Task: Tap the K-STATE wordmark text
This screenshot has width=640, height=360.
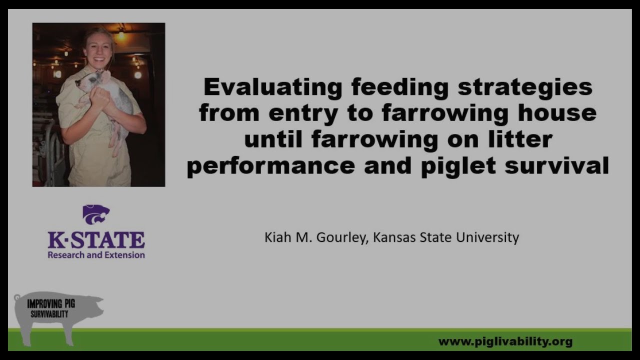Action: (96, 240)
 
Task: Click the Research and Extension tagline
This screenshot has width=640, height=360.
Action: (96, 255)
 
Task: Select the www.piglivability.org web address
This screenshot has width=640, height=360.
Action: (505, 342)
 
